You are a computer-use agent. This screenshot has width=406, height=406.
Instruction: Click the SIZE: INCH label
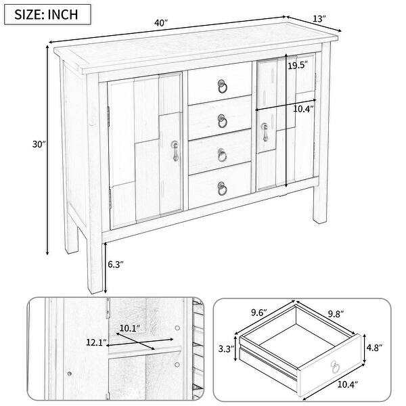53,14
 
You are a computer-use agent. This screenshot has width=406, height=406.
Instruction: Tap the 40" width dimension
160,23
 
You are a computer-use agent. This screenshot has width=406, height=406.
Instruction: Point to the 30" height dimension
39,144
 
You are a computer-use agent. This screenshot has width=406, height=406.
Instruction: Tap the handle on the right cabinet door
265,132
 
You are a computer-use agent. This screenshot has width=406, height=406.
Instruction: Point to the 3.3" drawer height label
225,349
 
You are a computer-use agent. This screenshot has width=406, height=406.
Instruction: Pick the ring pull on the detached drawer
336,367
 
